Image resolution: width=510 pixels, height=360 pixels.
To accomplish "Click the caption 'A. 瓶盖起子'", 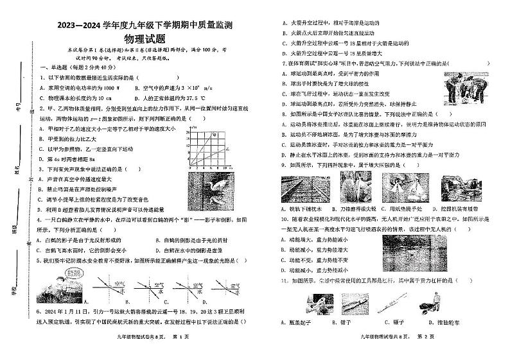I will click(310, 322).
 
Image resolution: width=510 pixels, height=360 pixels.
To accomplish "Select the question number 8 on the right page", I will click(282, 113).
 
